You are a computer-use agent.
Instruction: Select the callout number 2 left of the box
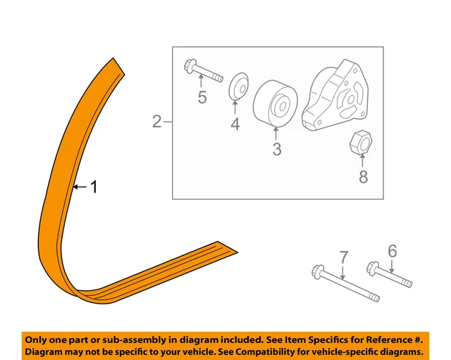click(x=156, y=123)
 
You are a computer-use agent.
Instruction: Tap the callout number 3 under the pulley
click(x=277, y=149)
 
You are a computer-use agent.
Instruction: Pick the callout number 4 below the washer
click(x=235, y=124)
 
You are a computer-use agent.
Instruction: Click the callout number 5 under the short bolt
click(x=202, y=97)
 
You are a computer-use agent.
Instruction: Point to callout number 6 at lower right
click(x=393, y=250)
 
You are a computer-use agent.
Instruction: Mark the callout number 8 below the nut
click(x=364, y=176)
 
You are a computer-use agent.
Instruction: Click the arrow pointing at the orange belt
click(x=80, y=187)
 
